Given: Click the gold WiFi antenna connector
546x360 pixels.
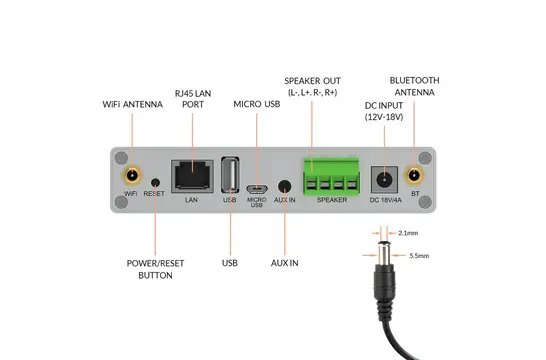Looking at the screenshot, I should pos(131,175).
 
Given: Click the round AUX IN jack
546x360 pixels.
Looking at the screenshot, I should pos(287,186).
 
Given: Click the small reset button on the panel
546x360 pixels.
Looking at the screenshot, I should pos(155,183).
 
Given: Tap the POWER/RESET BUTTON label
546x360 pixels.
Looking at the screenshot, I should pos(155,269).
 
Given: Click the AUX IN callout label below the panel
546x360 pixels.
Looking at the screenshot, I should pos(287,263).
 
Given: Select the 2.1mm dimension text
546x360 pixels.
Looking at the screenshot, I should pos(408,233).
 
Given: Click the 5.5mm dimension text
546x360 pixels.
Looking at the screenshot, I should pos(420,256).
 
